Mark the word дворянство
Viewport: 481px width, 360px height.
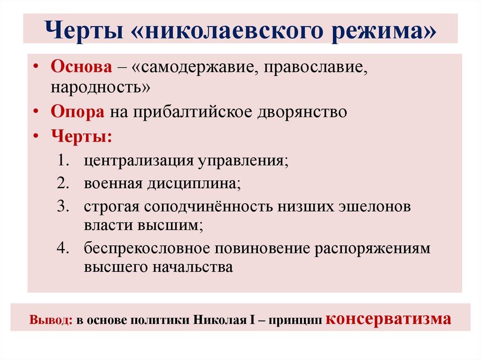tap(303, 113)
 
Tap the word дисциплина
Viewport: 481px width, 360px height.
tap(195, 183)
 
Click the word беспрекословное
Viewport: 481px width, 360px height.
tap(150, 248)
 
